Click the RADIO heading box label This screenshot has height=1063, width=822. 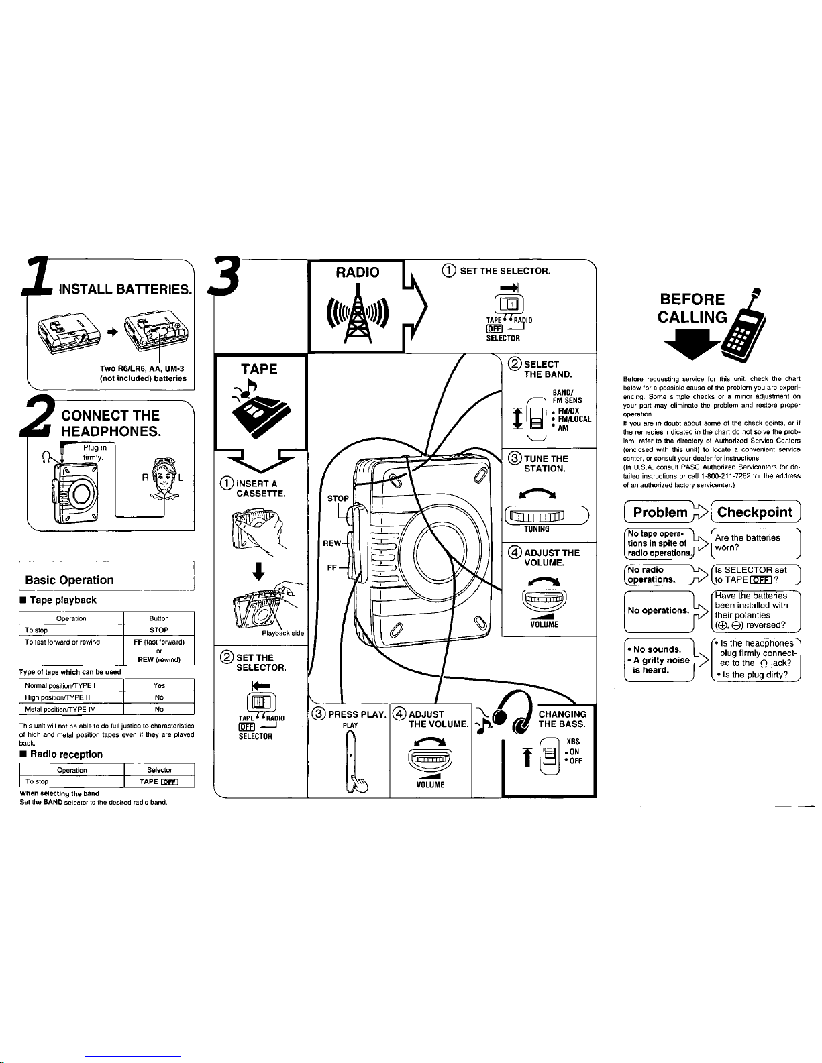[x=358, y=272]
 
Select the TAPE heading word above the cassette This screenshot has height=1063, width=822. [x=259, y=368]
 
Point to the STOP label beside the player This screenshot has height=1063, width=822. [x=338, y=498]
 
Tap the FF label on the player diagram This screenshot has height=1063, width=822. [x=331, y=567]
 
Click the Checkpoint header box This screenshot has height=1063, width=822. [x=755, y=512]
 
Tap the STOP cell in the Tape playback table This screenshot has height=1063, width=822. [x=159, y=630]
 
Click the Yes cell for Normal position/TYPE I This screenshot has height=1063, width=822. [x=159, y=685]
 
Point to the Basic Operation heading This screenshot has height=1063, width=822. [x=69, y=580]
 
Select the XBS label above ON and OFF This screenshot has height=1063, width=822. [x=573, y=741]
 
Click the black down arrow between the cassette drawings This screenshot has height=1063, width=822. [x=258, y=575]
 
